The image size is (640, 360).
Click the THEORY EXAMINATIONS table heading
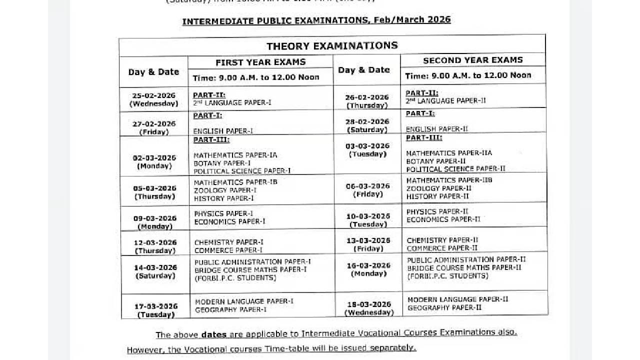(332, 46)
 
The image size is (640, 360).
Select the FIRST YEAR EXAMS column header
(260, 62)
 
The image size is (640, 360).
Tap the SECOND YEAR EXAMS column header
(472, 60)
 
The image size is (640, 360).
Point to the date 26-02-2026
(367, 97)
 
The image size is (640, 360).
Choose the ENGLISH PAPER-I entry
(223, 131)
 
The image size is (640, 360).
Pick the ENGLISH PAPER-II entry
(437, 129)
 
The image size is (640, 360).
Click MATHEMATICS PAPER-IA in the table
(235, 155)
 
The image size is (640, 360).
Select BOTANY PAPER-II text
(436, 161)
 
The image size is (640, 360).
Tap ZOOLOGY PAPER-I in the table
(225, 190)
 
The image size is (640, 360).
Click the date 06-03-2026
(367, 186)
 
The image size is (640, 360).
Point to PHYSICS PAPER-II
(437, 211)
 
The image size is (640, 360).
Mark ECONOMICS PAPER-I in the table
(229, 221)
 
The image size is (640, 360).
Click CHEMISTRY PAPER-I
(228, 242)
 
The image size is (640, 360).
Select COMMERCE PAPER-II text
(442, 248)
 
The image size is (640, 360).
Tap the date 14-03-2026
(155, 267)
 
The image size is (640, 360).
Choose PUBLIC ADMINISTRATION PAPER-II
(466, 260)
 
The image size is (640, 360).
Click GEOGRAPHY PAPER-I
(230, 310)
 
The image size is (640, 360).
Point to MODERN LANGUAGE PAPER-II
(457, 299)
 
